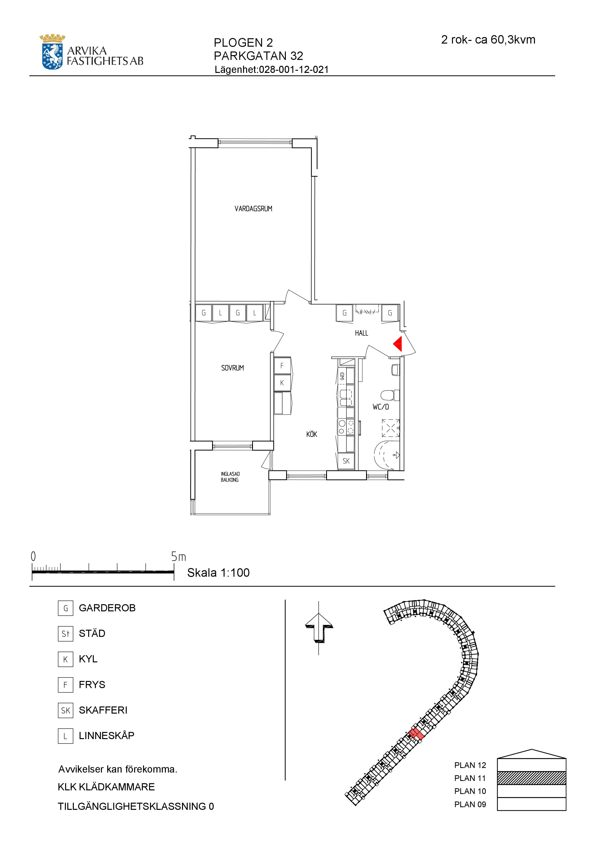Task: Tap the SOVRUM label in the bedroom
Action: point(232,368)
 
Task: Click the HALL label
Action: point(361,333)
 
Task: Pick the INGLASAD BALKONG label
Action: point(230,477)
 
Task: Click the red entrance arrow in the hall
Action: point(397,344)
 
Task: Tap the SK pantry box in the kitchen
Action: point(346,460)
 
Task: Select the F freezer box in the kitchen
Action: point(282,366)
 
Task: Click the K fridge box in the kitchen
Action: point(282,383)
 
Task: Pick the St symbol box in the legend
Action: point(65,633)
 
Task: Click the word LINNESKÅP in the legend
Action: point(107,735)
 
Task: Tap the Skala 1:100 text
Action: point(219,572)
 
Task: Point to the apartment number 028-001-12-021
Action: point(294,70)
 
